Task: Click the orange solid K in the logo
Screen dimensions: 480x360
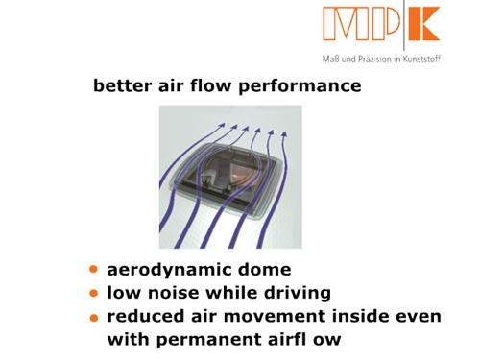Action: tap(424, 24)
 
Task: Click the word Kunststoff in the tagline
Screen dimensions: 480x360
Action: tap(421, 60)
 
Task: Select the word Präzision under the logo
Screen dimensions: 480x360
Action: tap(374, 60)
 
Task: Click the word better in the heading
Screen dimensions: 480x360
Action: tap(122, 85)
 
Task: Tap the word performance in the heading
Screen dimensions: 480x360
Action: tap(300, 86)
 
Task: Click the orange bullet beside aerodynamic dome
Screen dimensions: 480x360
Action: tap(93, 269)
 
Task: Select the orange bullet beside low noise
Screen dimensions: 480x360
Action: tap(93, 293)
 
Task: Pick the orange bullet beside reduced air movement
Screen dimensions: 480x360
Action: tap(94, 318)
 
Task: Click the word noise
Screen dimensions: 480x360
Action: tap(173, 293)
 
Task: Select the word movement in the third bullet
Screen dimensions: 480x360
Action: tap(275, 316)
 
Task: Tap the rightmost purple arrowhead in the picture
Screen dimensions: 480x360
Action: tap(284, 134)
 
